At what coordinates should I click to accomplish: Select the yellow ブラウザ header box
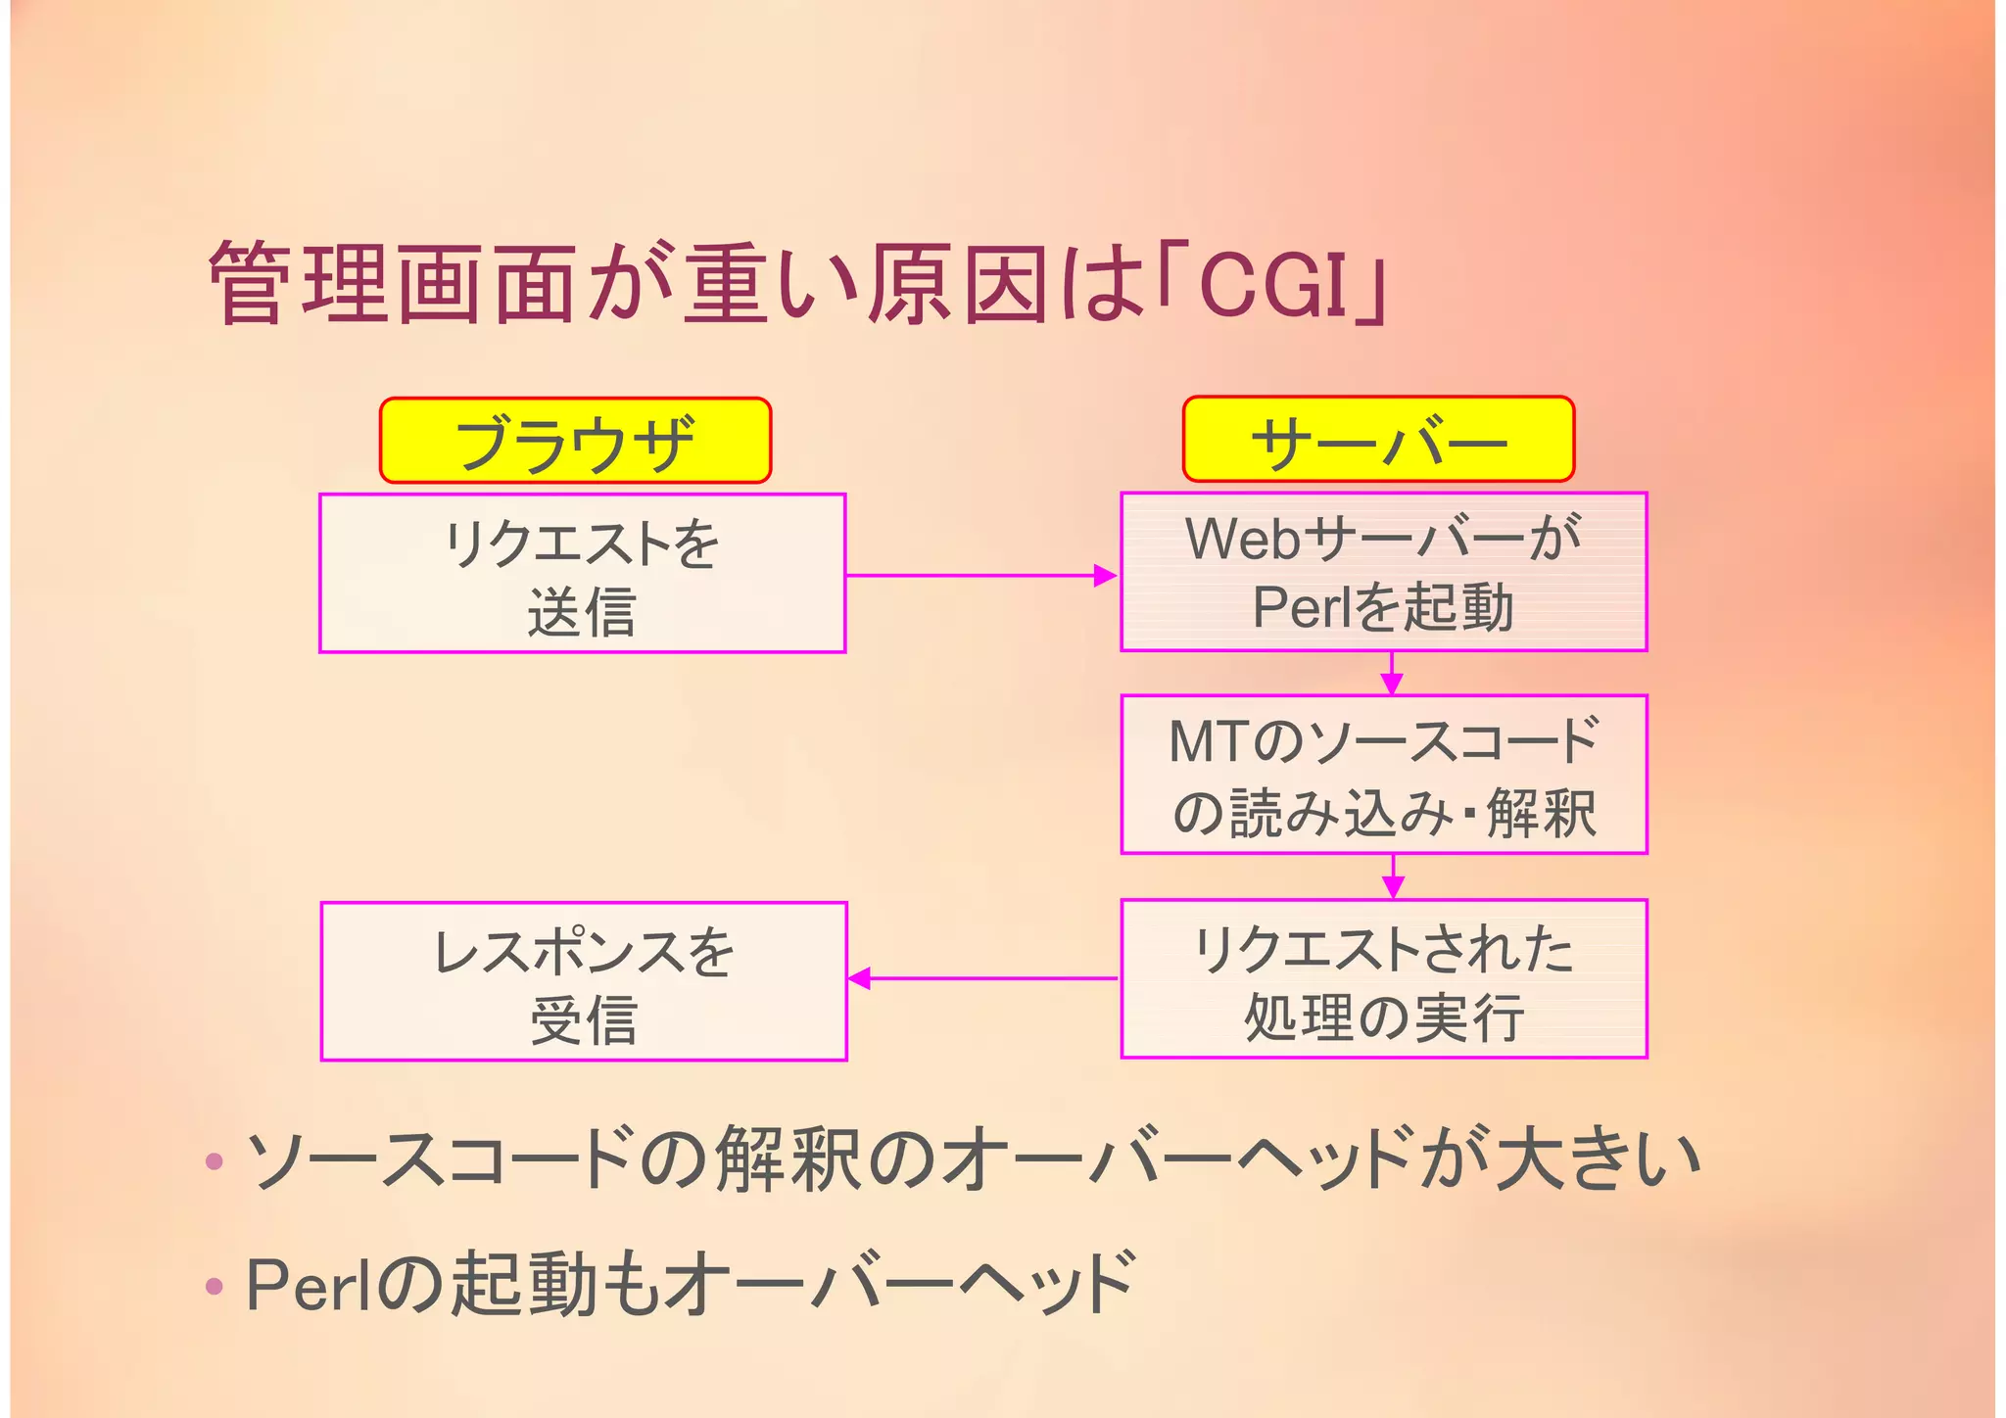point(575,441)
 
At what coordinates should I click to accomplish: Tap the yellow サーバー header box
point(1378,440)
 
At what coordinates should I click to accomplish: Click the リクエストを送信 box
point(582,573)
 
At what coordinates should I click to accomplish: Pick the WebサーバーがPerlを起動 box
point(1383,572)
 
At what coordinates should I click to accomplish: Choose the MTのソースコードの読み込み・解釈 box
point(1383,775)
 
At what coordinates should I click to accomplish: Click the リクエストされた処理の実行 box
point(1383,978)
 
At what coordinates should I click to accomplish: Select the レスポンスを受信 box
point(584,981)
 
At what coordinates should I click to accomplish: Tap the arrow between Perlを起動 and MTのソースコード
point(1392,674)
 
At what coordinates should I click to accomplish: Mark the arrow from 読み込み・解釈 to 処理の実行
point(1393,876)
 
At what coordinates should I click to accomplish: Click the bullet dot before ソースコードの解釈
point(215,1162)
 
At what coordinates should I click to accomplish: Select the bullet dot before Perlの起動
point(215,1285)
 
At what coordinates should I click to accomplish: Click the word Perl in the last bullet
point(308,1284)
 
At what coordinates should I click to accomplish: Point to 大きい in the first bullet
point(1596,1160)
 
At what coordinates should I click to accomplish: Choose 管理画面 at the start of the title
point(392,283)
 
